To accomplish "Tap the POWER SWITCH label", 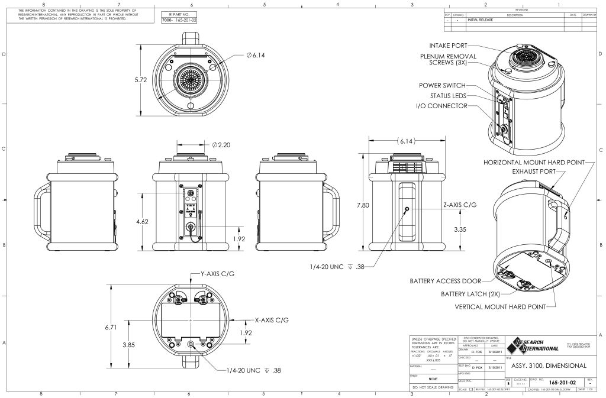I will click(x=442, y=85).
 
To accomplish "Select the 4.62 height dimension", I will click(x=142, y=221).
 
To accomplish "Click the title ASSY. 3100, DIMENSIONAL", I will click(x=548, y=365).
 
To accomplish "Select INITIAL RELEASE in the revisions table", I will click(x=480, y=20).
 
